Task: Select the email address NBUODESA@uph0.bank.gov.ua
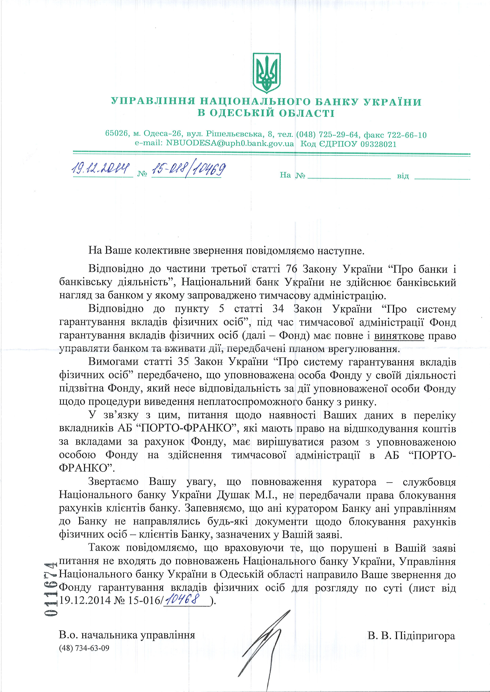tap(230, 144)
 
